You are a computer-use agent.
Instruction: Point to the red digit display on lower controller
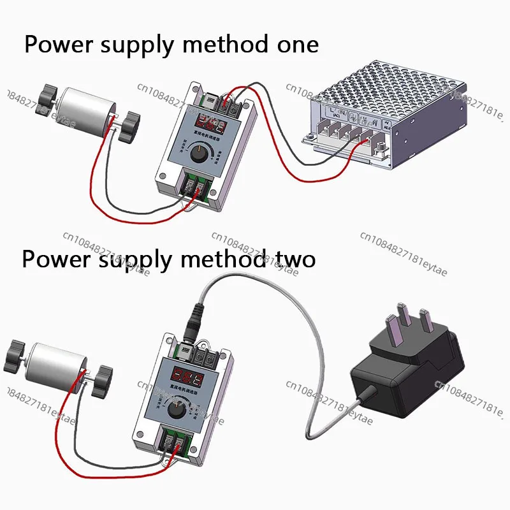[x=184, y=375]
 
